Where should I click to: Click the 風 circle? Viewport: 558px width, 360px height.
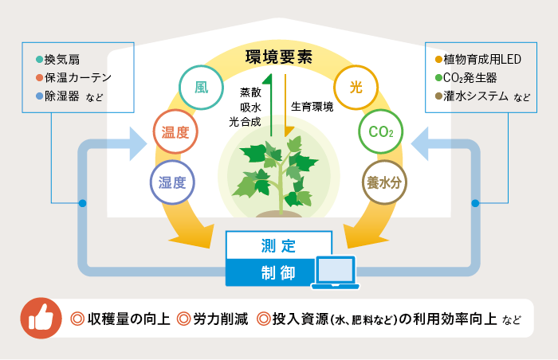pos(202,88)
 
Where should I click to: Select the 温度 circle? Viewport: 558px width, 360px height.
pos(175,132)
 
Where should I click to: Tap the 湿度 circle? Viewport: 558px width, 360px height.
pos(172,182)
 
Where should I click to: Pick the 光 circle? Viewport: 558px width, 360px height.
pos(356,88)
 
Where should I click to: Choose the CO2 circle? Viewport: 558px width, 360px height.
pos(380,132)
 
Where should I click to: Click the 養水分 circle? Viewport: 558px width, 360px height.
pos(386,182)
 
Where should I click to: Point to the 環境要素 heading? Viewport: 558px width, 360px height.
pos(278,57)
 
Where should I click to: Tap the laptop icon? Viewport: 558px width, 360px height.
pos(337,272)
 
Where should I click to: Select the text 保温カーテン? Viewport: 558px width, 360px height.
pos(78,78)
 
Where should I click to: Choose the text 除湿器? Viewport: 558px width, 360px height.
pos(62,97)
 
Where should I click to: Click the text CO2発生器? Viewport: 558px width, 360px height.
pos(471,78)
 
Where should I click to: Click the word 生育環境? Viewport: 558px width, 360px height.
pos(312,106)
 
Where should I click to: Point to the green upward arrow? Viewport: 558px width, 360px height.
pos(269,104)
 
